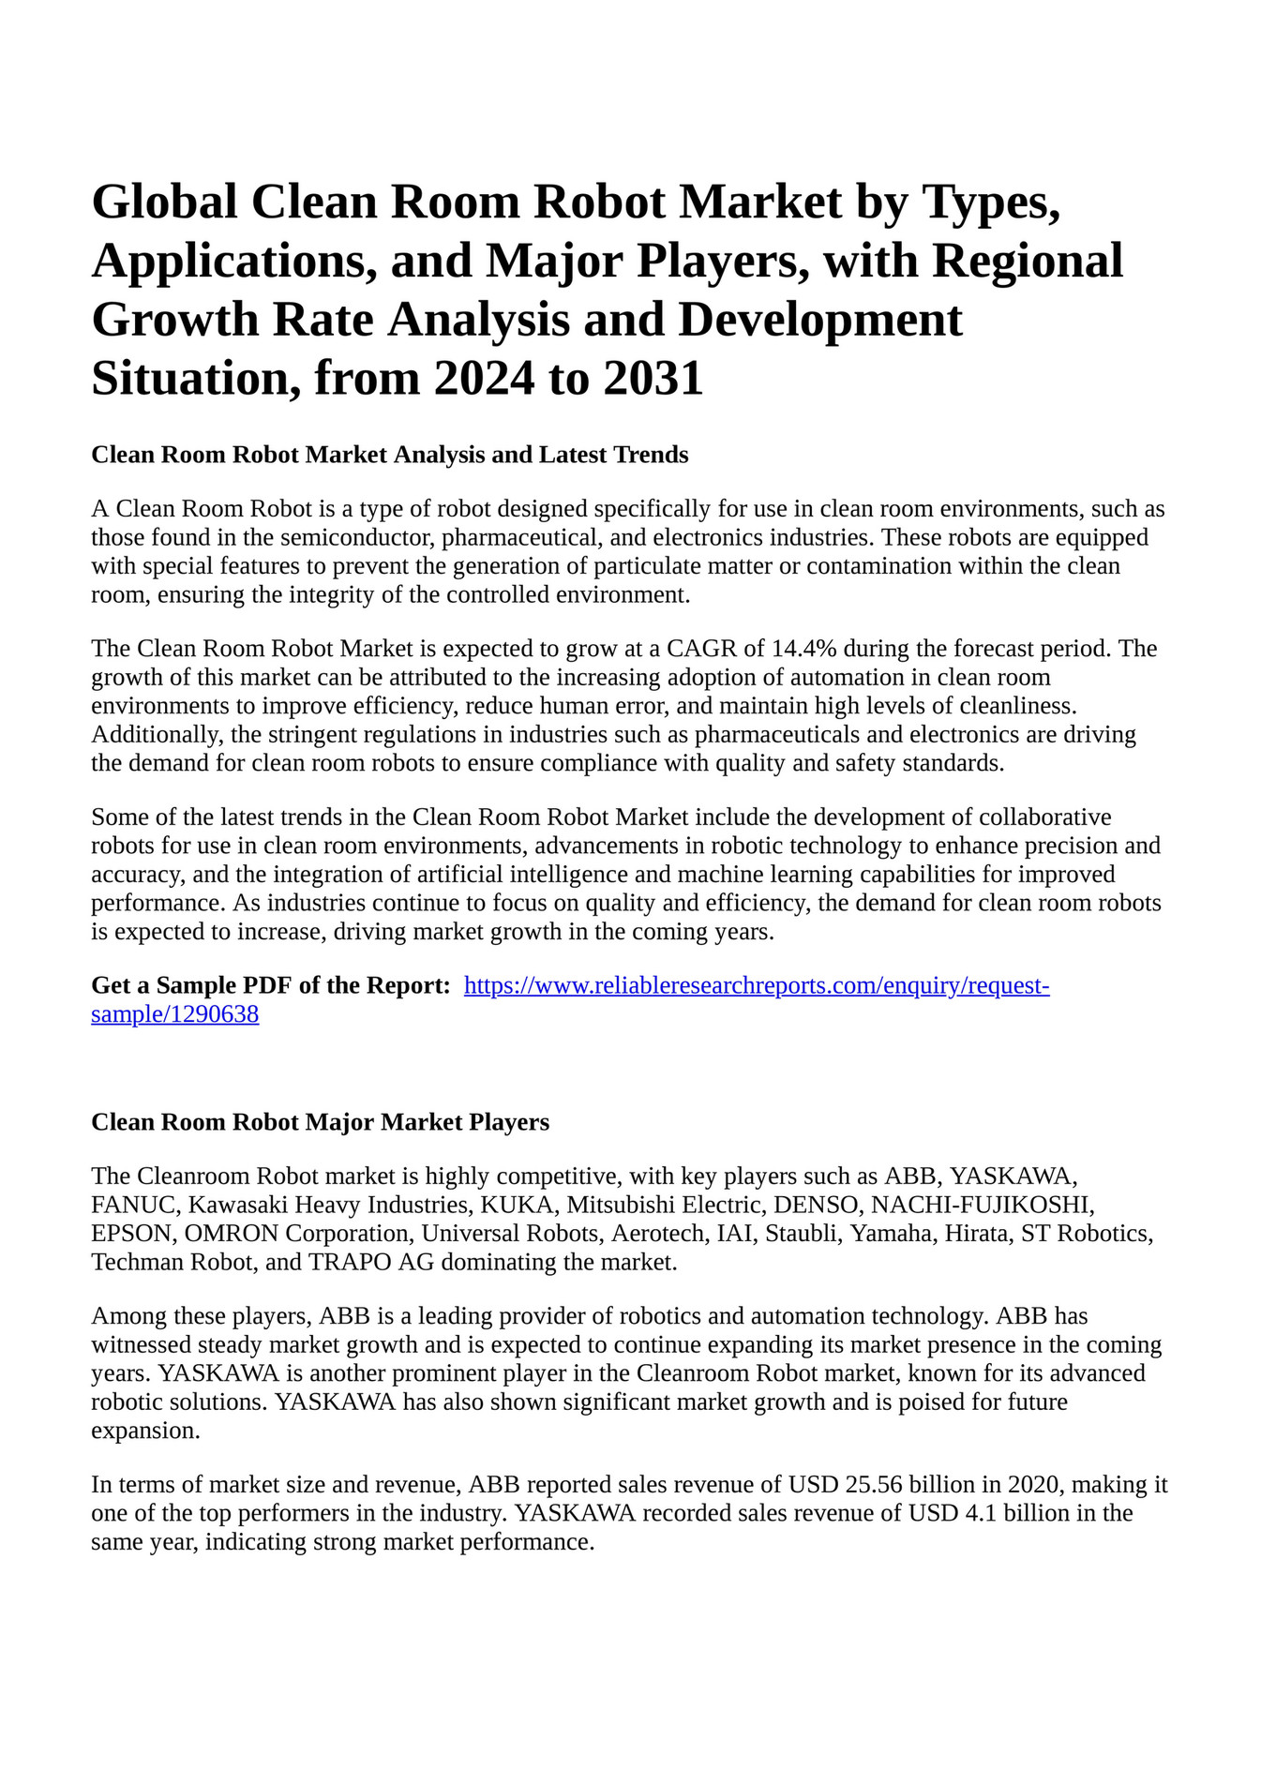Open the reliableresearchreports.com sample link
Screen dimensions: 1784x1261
click(x=757, y=986)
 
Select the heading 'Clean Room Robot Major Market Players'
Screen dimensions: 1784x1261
click(x=320, y=1122)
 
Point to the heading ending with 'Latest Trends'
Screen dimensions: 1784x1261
click(x=389, y=455)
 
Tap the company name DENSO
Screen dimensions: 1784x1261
click(x=815, y=1205)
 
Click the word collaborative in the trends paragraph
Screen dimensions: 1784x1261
click(x=1040, y=817)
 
